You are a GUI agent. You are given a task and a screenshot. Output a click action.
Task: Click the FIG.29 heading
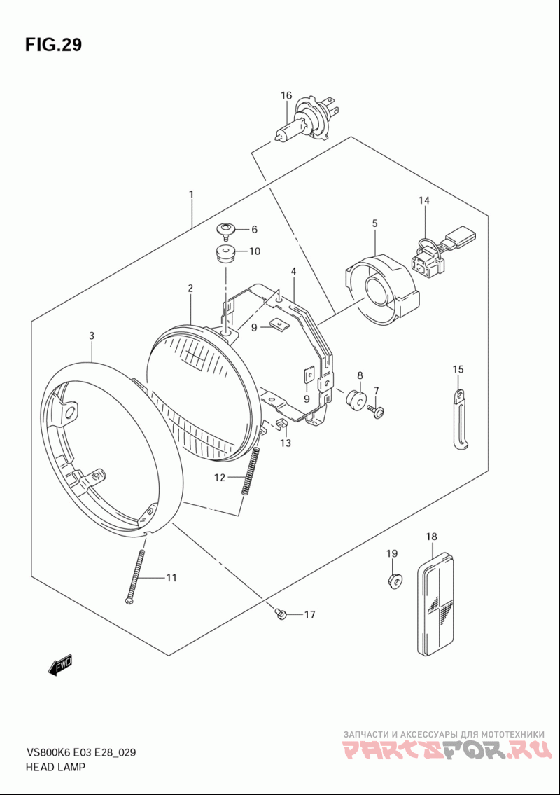(x=53, y=45)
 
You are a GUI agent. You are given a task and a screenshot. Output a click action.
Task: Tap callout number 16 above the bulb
(x=286, y=95)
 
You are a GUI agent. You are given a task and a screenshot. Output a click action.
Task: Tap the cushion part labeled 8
(x=357, y=400)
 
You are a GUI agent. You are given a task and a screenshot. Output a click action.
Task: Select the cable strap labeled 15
(x=459, y=420)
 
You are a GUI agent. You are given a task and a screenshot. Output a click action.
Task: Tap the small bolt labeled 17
(x=281, y=614)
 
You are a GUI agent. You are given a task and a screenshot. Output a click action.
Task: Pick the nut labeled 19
(x=395, y=580)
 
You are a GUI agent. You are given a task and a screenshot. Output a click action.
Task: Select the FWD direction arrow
(x=60, y=665)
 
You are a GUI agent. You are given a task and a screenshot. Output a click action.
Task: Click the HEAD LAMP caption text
(x=55, y=767)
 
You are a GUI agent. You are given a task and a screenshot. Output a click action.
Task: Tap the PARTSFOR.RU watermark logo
(x=444, y=749)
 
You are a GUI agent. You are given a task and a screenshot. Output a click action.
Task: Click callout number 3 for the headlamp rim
(x=92, y=336)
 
